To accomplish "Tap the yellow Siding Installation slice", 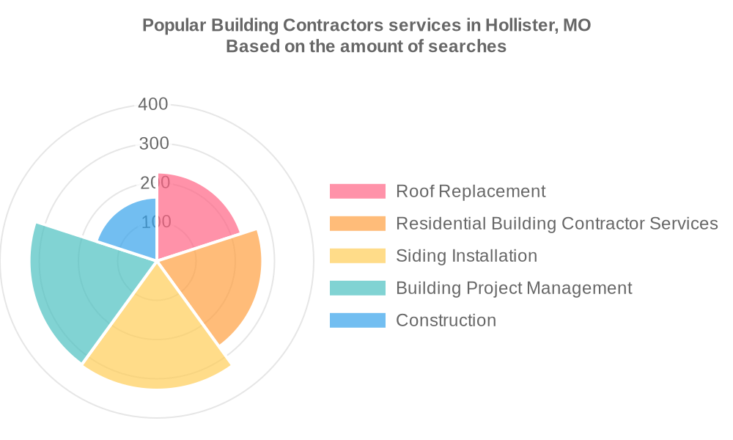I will click(158, 337).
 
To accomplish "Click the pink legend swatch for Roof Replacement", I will click(357, 191).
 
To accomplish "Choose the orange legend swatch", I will click(357, 224).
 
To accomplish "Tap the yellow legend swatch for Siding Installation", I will click(357, 256).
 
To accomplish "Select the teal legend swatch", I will click(357, 288).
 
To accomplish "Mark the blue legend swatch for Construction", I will click(357, 320).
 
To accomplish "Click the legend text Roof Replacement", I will click(471, 191).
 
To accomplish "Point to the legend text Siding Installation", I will click(466, 256).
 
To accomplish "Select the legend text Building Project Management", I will click(514, 288).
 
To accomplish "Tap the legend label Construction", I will click(446, 320).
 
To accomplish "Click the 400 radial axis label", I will click(153, 104).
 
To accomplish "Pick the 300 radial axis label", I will click(153, 144).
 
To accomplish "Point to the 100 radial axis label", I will click(153, 221).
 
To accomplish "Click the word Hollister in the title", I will click(520, 26).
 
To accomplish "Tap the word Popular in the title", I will click(174, 26).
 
